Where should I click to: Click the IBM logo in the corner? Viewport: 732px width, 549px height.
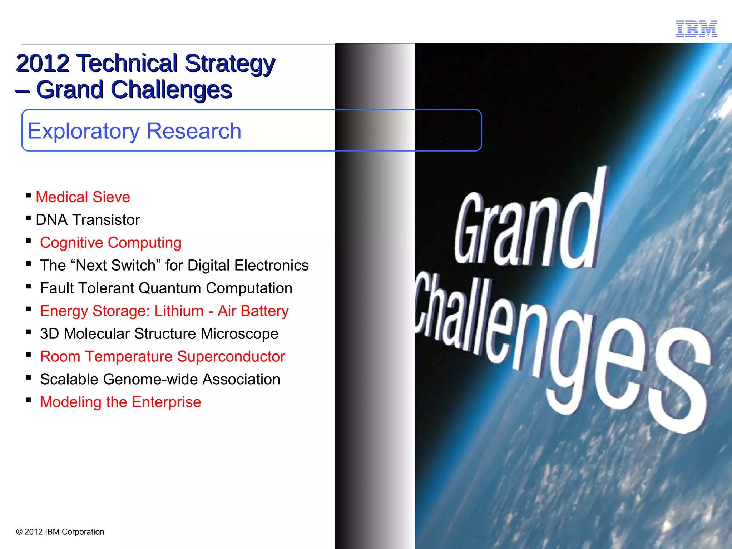[x=696, y=29]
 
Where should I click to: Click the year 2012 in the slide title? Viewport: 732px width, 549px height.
[x=43, y=64]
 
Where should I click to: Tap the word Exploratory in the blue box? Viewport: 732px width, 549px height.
[x=83, y=131]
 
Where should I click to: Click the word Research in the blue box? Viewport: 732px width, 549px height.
[x=194, y=131]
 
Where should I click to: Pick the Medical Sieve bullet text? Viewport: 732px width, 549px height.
[x=83, y=197]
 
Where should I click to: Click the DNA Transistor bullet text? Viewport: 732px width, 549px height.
[x=88, y=220]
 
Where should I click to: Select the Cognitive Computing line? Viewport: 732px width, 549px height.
[x=110, y=243]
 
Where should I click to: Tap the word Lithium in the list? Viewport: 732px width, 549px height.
[x=179, y=311]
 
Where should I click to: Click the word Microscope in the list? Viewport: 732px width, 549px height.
[x=239, y=334]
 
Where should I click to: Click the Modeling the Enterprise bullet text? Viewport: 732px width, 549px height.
[x=120, y=402]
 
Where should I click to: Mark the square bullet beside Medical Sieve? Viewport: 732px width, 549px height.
[x=29, y=195]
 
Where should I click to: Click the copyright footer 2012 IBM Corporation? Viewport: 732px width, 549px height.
[x=60, y=532]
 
